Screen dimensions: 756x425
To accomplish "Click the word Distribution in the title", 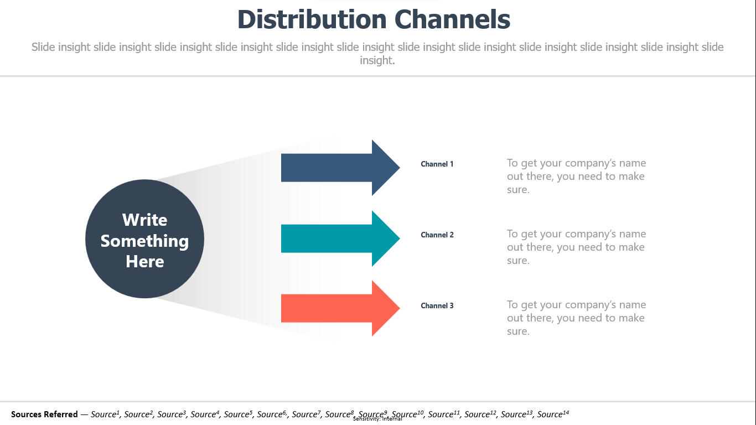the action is (x=312, y=19).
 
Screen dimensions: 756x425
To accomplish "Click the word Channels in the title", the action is (x=452, y=19).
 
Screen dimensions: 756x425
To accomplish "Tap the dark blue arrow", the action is (x=340, y=168).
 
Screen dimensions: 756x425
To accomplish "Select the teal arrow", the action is (x=340, y=239).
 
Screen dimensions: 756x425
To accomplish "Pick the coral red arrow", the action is (x=340, y=308).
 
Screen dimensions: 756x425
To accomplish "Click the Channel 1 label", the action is (x=437, y=164).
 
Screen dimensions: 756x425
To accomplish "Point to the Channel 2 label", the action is (x=437, y=235).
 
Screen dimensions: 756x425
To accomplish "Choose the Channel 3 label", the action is (x=437, y=306).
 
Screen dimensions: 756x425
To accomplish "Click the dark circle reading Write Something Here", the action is (x=144, y=239).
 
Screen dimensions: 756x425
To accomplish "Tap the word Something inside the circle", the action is (x=144, y=241).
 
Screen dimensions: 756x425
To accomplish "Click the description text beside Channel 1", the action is (x=576, y=176).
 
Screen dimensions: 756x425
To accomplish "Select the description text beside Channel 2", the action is (x=576, y=247).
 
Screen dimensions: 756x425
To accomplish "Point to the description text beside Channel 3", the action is (x=576, y=318).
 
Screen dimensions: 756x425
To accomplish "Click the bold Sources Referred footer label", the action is (x=44, y=414).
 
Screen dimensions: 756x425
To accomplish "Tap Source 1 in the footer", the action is (x=105, y=414).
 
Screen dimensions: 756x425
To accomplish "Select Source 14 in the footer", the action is (x=553, y=414).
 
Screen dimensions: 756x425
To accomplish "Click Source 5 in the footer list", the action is (x=238, y=414).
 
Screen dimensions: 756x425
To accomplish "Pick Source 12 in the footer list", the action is (x=480, y=414).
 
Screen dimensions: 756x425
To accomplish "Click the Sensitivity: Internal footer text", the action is (x=377, y=419).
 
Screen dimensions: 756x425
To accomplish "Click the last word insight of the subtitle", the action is (x=377, y=60).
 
